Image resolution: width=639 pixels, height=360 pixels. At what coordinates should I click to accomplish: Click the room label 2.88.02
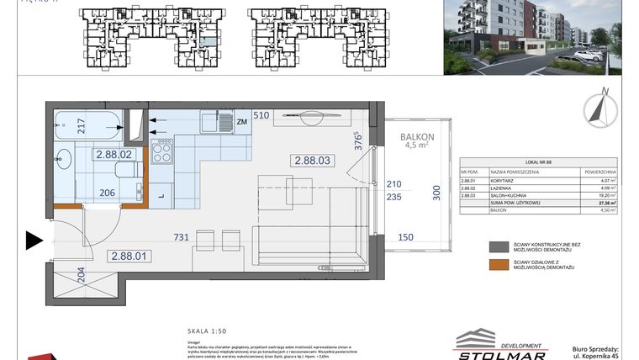(x=114, y=155)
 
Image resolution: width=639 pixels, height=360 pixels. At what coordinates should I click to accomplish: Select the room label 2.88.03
(x=311, y=160)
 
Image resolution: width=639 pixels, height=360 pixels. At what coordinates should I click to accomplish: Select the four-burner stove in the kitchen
(x=161, y=152)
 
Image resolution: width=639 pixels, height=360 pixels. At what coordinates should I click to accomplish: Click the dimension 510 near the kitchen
(x=261, y=115)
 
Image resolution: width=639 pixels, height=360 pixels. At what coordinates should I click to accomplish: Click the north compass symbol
(x=601, y=108)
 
